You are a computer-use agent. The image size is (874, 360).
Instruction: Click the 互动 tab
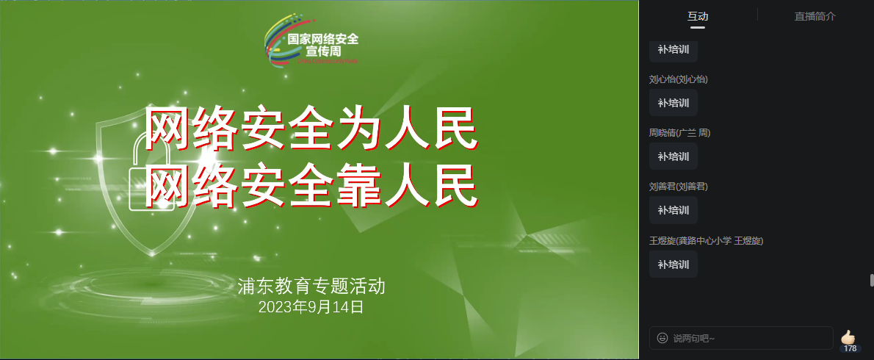pyautogui.click(x=697, y=16)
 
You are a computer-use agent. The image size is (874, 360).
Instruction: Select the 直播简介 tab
pyautogui.click(x=815, y=16)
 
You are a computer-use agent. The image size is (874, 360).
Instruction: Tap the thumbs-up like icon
pyautogui.click(x=849, y=337)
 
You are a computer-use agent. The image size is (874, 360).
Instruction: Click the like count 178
pyautogui.click(x=850, y=348)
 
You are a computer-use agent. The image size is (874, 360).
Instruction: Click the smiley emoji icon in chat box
pyautogui.click(x=662, y=338)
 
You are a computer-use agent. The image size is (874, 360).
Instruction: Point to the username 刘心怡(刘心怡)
pyautogui.click(x=678, y=79)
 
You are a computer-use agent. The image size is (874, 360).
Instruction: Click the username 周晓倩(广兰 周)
pyautogui.click(x=679, y=133)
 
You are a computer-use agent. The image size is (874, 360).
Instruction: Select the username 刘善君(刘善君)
pyautogui.click(x=678, y=187)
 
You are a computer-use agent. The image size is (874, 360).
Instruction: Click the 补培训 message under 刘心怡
pyautogui.click(x=673, y=103)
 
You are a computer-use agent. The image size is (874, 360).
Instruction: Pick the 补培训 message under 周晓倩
pyautogui.click(x=673, y=156)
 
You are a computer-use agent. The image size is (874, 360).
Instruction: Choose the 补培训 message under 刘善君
pyautogui.click(x=673, y=210)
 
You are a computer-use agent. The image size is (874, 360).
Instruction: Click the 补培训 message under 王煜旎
pyautogui.click(x=673, y=264)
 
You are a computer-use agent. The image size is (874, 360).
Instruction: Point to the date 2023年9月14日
pyautogui.click(x=311, y=307)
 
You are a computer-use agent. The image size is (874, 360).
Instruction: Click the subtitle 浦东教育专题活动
pyautogui.click(x=311, y=287)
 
